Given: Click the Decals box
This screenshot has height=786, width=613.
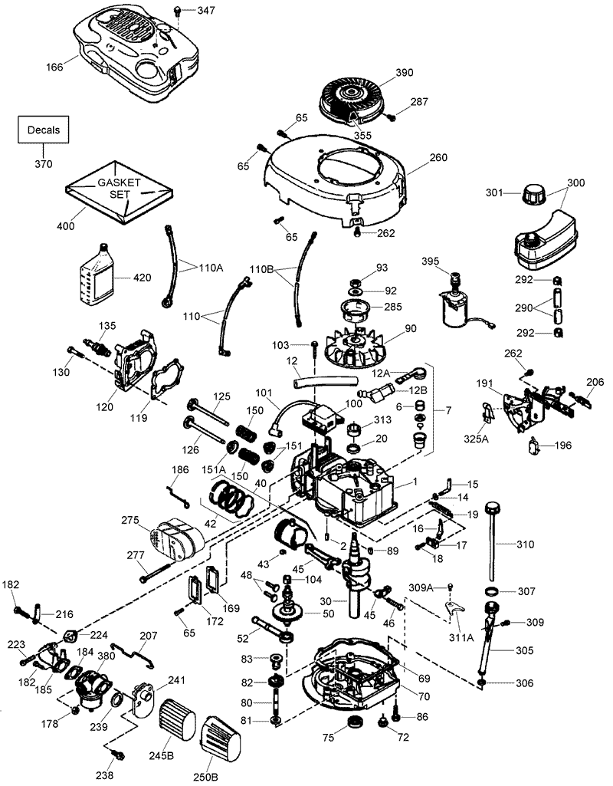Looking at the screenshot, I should [x=43, y=130].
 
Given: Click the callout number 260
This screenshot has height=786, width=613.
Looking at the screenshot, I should [x=438, y=158].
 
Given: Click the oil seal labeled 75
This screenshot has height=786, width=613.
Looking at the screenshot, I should [x=354, y=724].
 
